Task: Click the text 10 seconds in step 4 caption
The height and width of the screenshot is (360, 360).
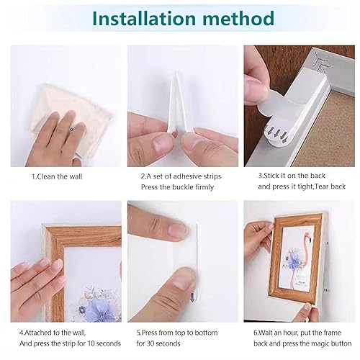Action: click(x=103, y=345)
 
